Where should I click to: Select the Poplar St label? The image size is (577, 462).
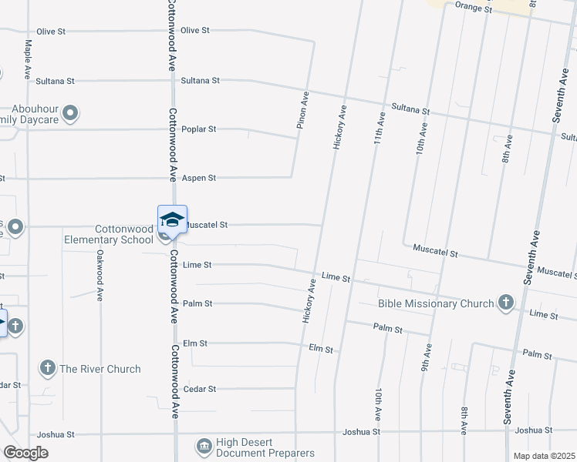[198, 129]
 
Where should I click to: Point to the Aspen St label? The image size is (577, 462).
[198, 178]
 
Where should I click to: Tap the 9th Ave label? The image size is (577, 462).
[424, 358]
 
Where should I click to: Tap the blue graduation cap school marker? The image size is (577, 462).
[172, 219]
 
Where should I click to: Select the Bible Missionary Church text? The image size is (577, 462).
[435, 303]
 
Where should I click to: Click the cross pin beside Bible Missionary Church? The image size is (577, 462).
[506, 302]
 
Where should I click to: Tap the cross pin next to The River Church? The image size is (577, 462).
[48, 368]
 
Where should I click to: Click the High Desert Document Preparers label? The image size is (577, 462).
[265, 447]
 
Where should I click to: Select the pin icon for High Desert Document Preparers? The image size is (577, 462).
[204, 446]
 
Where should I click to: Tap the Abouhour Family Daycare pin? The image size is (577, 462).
[71, 114]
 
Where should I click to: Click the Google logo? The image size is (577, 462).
[25, 453]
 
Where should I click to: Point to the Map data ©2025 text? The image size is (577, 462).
[545, 456]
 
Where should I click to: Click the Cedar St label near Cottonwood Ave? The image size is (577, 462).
[200, 390]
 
